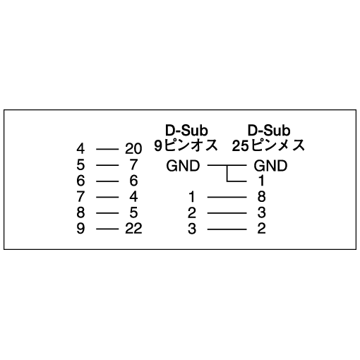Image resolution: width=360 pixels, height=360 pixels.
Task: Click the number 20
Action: pos(133,149)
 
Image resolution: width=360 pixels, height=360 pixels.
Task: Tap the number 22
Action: pos(133,229)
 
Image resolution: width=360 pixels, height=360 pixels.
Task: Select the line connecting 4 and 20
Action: pos(107,149)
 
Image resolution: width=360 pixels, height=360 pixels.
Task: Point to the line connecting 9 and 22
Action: pos(107,229)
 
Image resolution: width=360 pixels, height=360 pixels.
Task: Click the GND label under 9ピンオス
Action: pos(183,166)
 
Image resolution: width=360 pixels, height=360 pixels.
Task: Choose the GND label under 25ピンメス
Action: pos(270,166)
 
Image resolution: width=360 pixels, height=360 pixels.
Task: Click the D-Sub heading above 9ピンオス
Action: pos(186,131)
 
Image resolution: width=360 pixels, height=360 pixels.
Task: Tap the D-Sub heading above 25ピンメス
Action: pos(269,131)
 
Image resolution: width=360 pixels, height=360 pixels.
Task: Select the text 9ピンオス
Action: pos(186,145)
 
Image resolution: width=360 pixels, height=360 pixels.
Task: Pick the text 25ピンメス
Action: pos(268,145)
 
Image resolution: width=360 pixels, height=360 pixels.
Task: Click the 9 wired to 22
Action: pos(80,229)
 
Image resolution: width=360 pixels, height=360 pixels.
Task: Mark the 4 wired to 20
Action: pos(80,149)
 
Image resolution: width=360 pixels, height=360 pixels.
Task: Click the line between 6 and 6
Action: pos(107,181)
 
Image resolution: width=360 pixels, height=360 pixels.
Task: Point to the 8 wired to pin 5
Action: pos(80,212)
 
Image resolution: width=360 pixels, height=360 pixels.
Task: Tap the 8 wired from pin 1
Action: pos(261,197)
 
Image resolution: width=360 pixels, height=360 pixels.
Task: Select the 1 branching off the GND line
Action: pos(261,181)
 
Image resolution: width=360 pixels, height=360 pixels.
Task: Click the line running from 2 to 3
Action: pos(227,213)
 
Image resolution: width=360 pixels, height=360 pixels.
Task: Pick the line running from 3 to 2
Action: pos(227,229)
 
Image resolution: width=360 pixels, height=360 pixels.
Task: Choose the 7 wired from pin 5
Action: pos(133,164)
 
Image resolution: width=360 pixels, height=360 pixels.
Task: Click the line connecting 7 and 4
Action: pos(107,197)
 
